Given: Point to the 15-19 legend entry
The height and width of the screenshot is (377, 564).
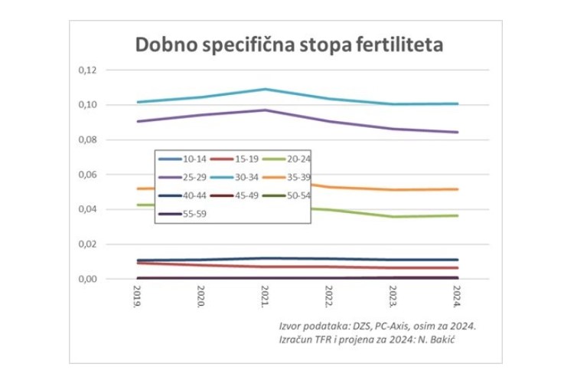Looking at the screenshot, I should (x=240, y=159).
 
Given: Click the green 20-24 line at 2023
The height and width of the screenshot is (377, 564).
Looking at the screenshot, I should (x=393, y=216).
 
